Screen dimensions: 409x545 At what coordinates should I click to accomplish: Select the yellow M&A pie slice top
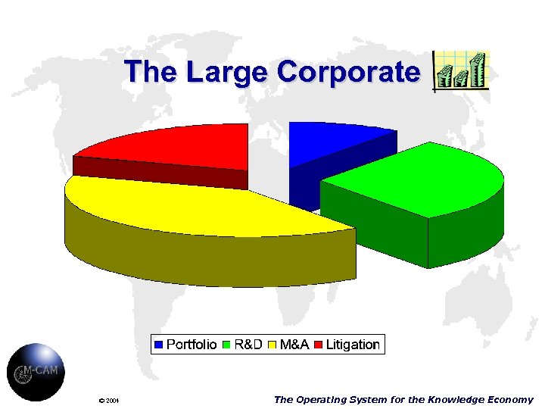pos(197,208)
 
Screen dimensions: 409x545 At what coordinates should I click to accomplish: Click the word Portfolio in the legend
pos(191,345)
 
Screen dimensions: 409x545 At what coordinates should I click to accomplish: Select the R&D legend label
pos(248,345)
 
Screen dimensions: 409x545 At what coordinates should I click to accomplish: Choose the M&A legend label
pos(294,345)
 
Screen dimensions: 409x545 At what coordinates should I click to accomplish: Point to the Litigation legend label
pos(353,345)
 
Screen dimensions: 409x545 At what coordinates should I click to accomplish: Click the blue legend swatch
pos(158,345)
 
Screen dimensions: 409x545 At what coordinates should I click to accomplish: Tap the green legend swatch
pos(226,345)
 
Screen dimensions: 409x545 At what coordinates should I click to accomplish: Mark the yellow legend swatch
pos(272,345)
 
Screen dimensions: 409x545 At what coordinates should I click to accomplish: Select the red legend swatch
pos(318,345)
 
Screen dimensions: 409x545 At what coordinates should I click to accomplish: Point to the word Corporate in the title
pos(347,73)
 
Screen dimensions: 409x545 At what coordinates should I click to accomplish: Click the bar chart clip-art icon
pos(460,71)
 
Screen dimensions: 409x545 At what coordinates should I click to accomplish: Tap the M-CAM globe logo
pos(36,372)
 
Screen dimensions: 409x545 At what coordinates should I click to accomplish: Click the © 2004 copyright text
pos(109,400)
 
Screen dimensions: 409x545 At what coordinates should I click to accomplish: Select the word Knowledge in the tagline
pos(456,399)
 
